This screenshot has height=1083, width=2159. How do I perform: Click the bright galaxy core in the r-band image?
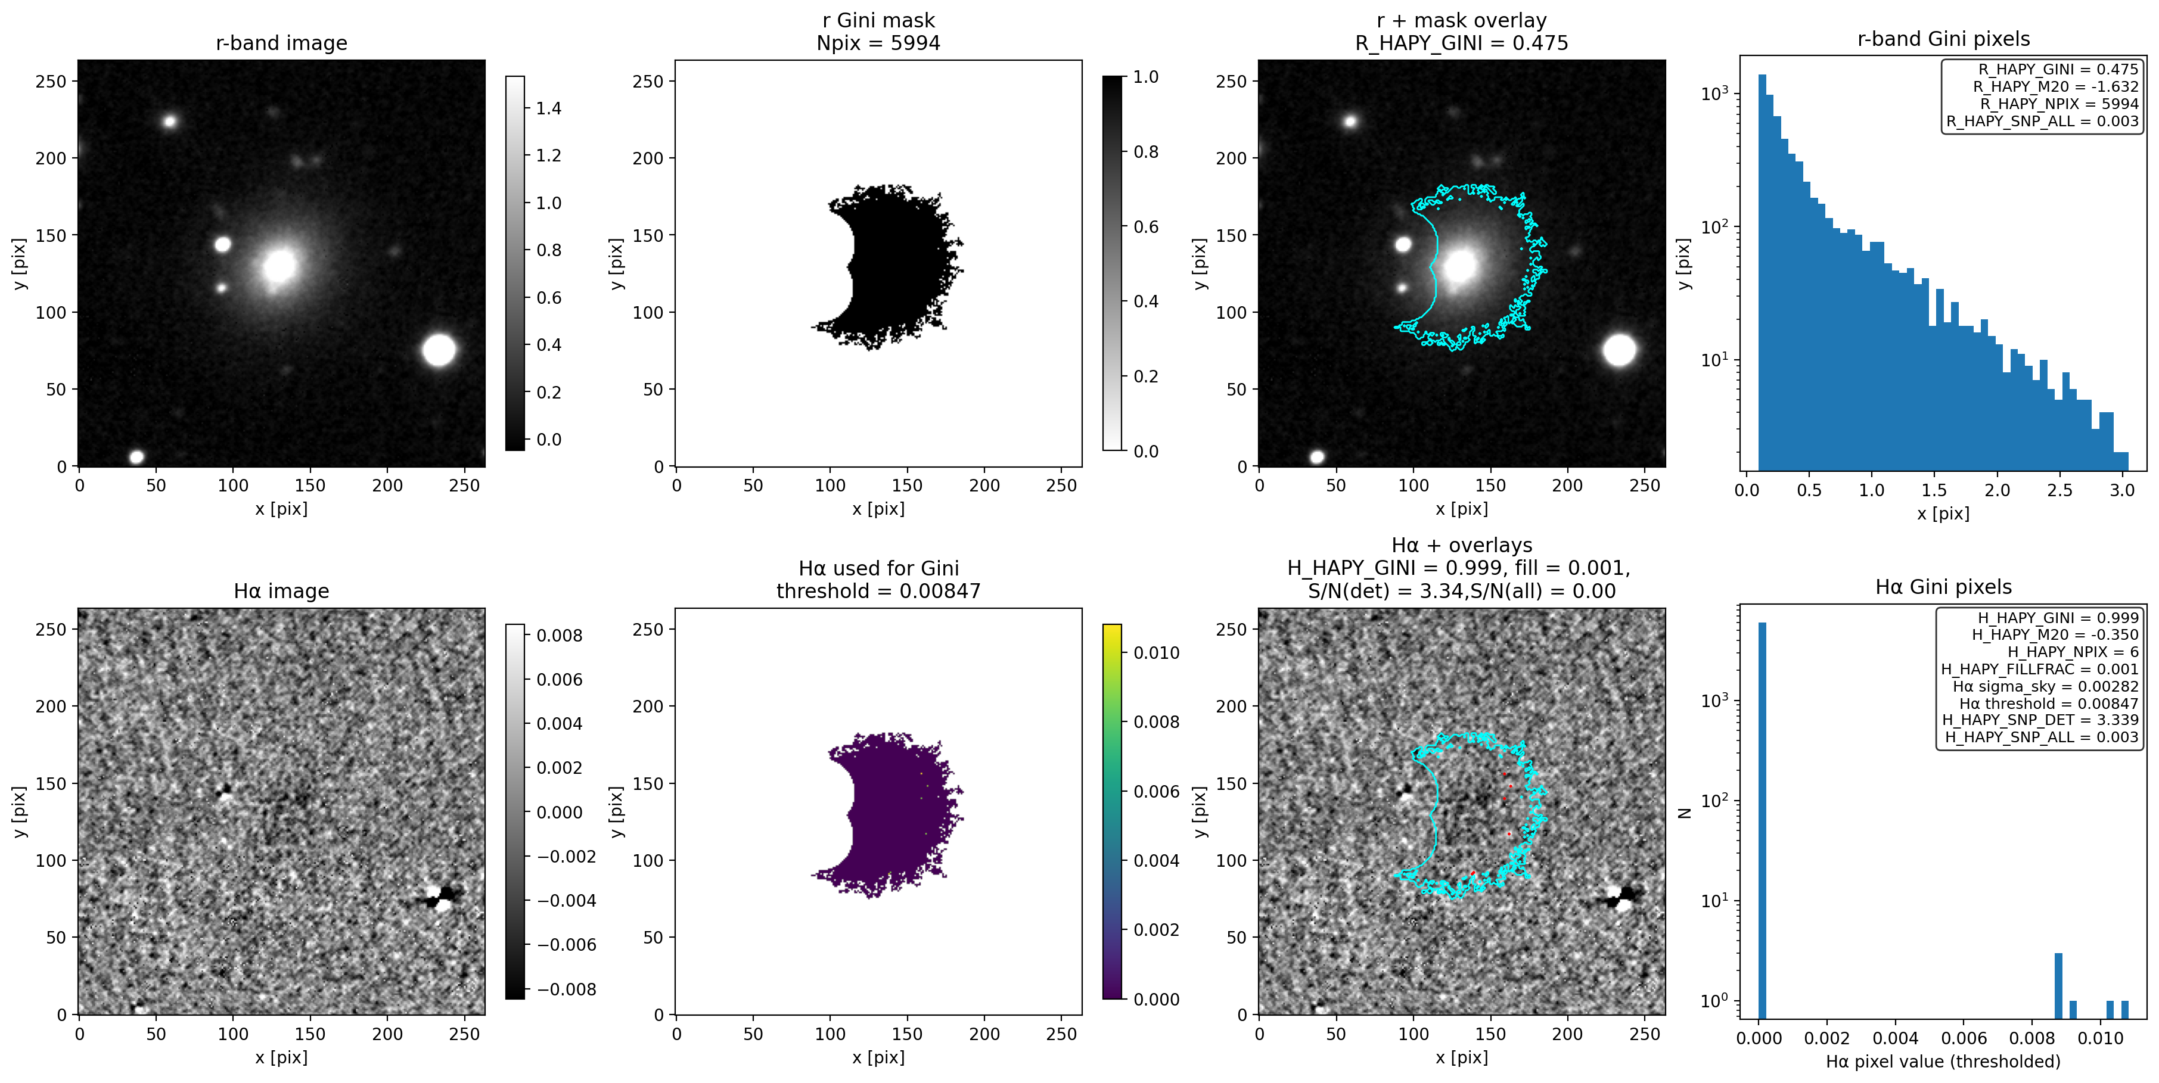tap(279, 266)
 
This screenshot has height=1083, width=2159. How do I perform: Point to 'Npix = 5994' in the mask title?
tap(878, 43)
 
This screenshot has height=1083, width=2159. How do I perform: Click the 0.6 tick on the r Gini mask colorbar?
tap(1146, 227)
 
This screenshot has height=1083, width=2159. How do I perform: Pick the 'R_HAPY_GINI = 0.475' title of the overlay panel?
tap(1461, 43)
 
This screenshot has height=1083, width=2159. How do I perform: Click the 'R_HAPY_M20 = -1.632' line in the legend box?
tap(2055, 86)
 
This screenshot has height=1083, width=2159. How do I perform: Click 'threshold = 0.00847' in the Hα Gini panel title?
tap(878, 592)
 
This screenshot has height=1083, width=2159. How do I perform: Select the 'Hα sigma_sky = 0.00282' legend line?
tap(2045, 686)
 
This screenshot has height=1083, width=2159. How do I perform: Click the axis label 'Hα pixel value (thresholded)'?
tap(1942, 1061)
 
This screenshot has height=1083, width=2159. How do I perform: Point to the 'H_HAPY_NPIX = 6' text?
tap(2073, 652)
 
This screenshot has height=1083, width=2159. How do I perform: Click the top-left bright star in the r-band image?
tap(170, 122)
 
